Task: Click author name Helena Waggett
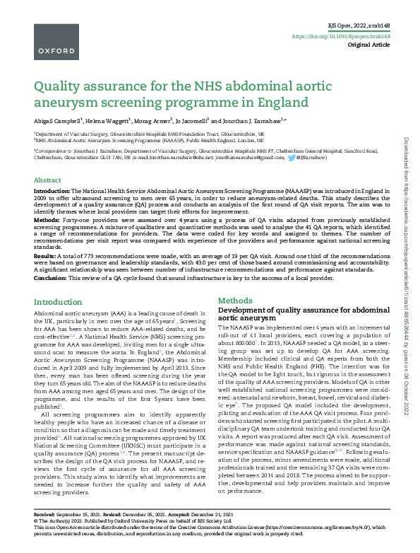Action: pyautogui.click(x=112, y=121)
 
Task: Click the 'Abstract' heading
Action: pyautogui.click(x=47, y=180)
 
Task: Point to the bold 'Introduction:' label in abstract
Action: pyautogui.click(x=52, y=192)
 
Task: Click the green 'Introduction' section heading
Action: pyautogui.click(x=58, y=302)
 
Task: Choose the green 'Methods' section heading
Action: pyautogui.click(x=235, y=301)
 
